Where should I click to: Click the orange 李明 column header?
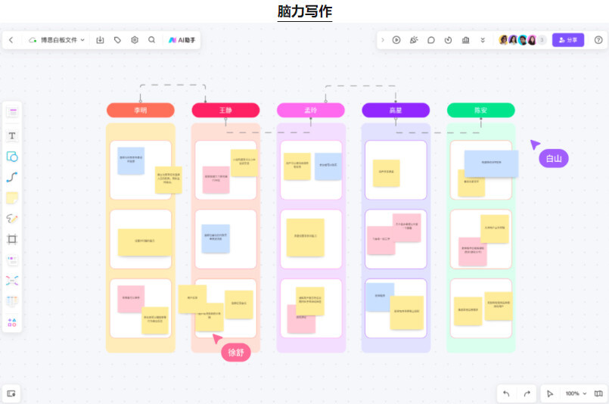tap(141, 110)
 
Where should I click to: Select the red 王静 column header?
tap(225, 110)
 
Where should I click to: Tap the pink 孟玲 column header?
tap(310, 110)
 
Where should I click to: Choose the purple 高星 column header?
tap(396, 110)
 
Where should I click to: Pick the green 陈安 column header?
tap(480, 110)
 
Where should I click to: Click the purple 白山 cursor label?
tap(554, 158)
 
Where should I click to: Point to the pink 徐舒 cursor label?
tap(236, 352)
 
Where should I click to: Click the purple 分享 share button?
tap(568, 40)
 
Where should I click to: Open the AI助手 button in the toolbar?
tap(184, 40)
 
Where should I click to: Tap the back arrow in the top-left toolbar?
tap(11, 40)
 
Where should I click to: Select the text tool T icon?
tap(12, 136)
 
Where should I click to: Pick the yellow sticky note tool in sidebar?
tap(12, 198)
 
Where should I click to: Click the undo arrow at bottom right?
tap(506, 393)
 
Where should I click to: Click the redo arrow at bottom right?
tap(527, 393)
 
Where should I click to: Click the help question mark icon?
tap(598, 40)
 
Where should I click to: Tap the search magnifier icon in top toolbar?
tap(152, 40)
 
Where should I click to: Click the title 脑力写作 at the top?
tap(304, 11)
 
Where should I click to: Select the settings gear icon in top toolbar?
tap(135, 40)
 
